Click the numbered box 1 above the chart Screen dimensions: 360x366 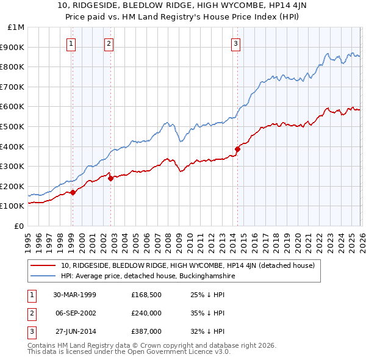tap(72, 43)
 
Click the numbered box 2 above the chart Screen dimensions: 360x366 tap(109, 43)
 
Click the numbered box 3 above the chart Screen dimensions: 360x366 tap(235, 43)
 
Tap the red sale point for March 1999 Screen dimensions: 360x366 tap(73, 192)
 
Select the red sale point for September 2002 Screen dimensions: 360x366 tap(110, 178)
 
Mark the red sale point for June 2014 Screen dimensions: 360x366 tap(237, 149)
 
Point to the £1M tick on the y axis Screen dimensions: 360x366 tap(16, 27)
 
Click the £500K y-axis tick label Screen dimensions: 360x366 tap(14, 126)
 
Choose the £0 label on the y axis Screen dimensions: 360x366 tap(19, 226)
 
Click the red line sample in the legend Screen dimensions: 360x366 tap(43, 265)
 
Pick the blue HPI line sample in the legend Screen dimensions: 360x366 tap(43, 276)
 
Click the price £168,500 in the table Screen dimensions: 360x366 tap(146, 295)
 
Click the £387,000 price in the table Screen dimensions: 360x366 tap(146, 331)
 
